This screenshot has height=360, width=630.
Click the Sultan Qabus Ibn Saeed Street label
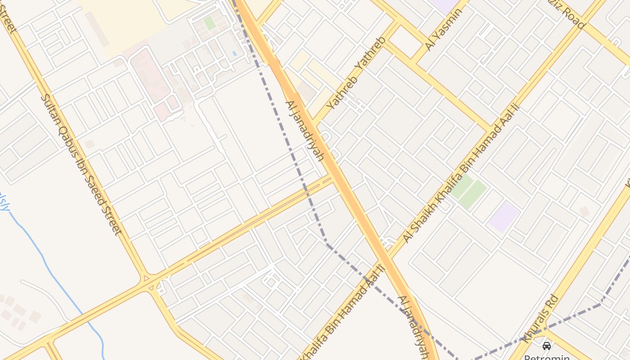point(81,164)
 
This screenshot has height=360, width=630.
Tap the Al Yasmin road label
point(443,29)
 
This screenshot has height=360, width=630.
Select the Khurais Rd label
point(541,319)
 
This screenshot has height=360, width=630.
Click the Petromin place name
point(546,357)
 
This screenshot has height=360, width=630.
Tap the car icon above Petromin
point(546,346)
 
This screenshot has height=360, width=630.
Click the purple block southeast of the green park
point(504,217)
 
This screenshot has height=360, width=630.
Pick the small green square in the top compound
point(209,22)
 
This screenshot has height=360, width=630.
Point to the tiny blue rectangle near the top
point(234,54)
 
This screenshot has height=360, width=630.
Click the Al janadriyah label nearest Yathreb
point(305,130)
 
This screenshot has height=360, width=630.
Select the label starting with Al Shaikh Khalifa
point(461,173)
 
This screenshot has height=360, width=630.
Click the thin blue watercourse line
point(49,265)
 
